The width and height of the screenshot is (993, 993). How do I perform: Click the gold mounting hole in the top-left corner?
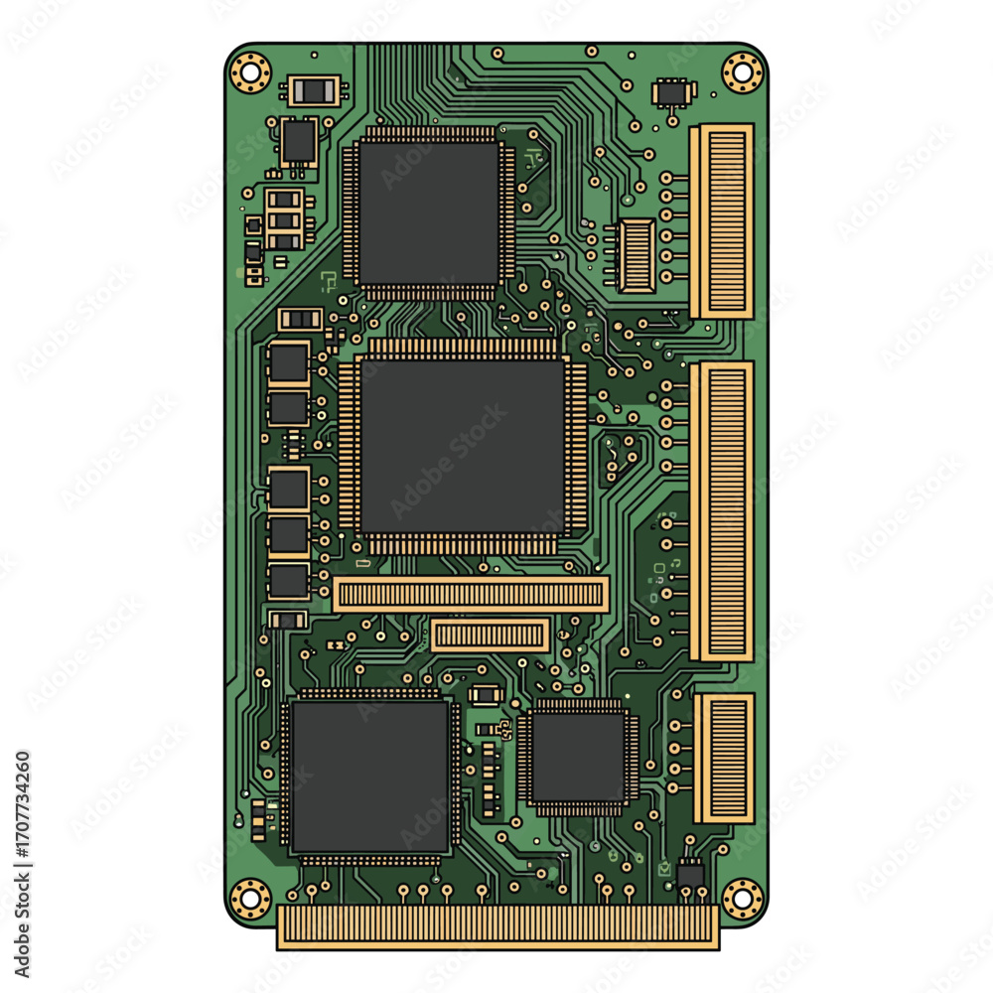tap(250, 72)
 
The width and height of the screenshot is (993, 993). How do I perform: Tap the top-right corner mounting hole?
tap(742, 72)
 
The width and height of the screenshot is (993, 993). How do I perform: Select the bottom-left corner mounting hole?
tap(250, 898)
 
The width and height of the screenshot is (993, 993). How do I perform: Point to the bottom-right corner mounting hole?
tap(742, 898)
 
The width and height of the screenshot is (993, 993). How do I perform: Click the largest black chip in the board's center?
tap(463, 447)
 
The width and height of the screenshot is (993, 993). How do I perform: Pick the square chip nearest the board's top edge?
tap(429, 213)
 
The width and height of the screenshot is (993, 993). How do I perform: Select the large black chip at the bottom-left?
tap(370, 777)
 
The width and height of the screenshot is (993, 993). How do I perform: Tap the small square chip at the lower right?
tap(578, 758)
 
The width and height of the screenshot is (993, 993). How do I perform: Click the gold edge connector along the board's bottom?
tap(497, 927)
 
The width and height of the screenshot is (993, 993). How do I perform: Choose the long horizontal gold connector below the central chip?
tap(471, 594)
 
